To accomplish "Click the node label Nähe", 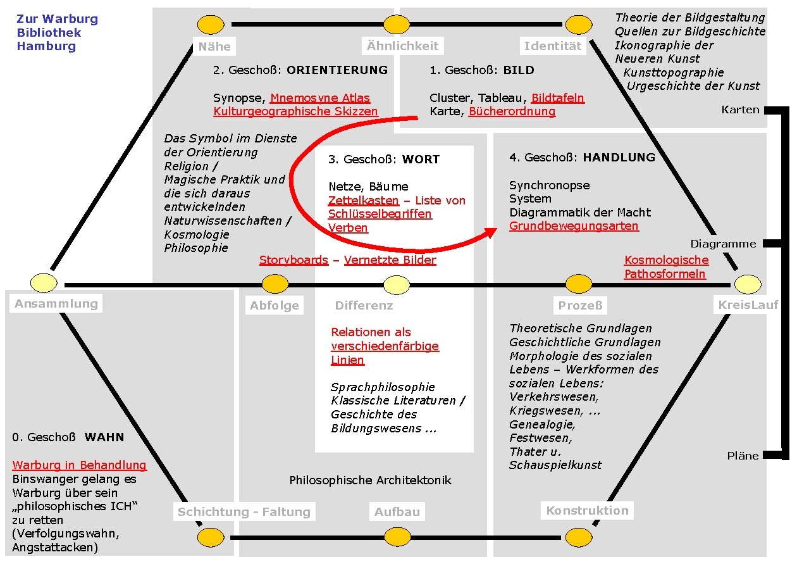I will click(214, 46).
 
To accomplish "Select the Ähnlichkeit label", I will click(402, 46).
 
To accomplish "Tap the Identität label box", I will click(552, 46).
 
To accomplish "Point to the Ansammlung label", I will click(56, 303).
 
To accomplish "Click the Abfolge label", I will click(275, 306).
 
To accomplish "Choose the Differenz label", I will click(364, 306).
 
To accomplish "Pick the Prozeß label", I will click(580, 306).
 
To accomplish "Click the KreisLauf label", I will click(748, 305).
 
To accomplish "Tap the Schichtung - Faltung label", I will click(244, 512).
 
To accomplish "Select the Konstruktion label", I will click(587, 510).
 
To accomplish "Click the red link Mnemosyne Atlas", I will click(320, 98).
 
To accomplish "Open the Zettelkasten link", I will click(363, 201).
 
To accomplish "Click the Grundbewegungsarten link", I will click(574, 226).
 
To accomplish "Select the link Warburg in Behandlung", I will click(79, 465).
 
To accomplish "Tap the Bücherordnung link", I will click(512, 112).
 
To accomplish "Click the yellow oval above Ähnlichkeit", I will click(397, 25).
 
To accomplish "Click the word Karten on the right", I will click(740, 110).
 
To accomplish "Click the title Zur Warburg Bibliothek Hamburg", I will click(57, 32).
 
